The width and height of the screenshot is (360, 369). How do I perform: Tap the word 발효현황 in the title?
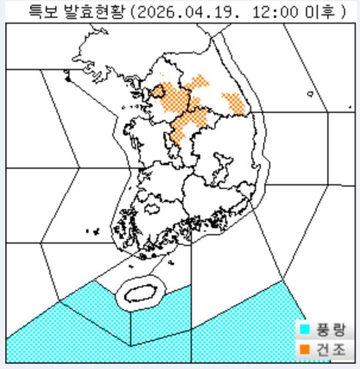point(89,11)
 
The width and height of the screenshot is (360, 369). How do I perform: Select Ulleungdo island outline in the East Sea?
point(311,94)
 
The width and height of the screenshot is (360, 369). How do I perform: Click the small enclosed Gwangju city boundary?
point(151,210)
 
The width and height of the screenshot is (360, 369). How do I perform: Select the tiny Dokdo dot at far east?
point(350,107)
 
